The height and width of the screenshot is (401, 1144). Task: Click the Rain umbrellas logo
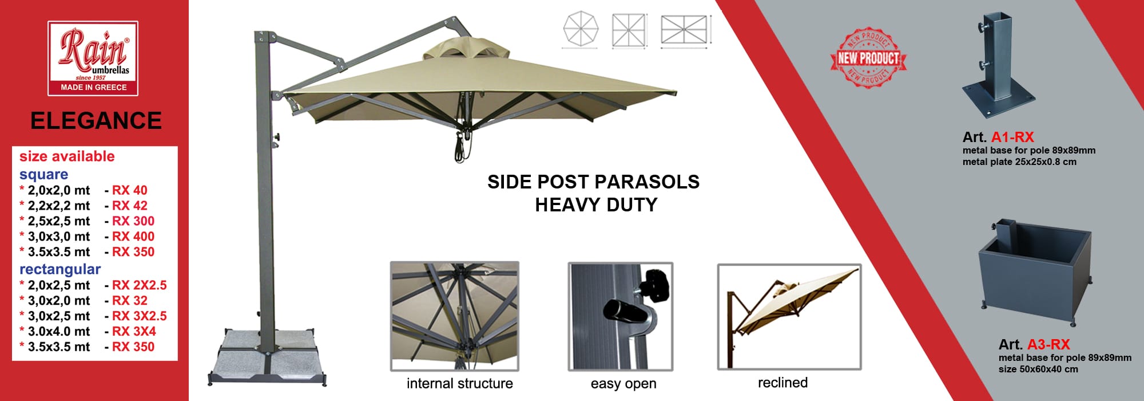(93, 58)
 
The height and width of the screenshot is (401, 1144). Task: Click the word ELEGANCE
(96, 121)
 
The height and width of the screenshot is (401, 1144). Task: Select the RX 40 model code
(130, 190)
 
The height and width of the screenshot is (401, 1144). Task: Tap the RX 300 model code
(133, 221)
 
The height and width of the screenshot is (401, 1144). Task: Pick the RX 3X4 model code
(134, 331)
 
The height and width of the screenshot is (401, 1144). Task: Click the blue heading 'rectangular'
(60, 269)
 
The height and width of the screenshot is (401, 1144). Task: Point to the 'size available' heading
(67, 156)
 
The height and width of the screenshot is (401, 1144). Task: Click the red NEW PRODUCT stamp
(868, 57)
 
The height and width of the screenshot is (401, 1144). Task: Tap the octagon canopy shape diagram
(581, 30)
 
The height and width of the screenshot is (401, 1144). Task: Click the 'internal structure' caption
(460, 383)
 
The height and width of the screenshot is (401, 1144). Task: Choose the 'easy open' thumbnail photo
(621, 316)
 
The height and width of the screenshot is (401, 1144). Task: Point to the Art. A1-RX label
(998, 137)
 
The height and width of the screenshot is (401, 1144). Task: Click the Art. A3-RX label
(1034, 344)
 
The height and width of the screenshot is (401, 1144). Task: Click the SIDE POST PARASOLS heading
(594, 182)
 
